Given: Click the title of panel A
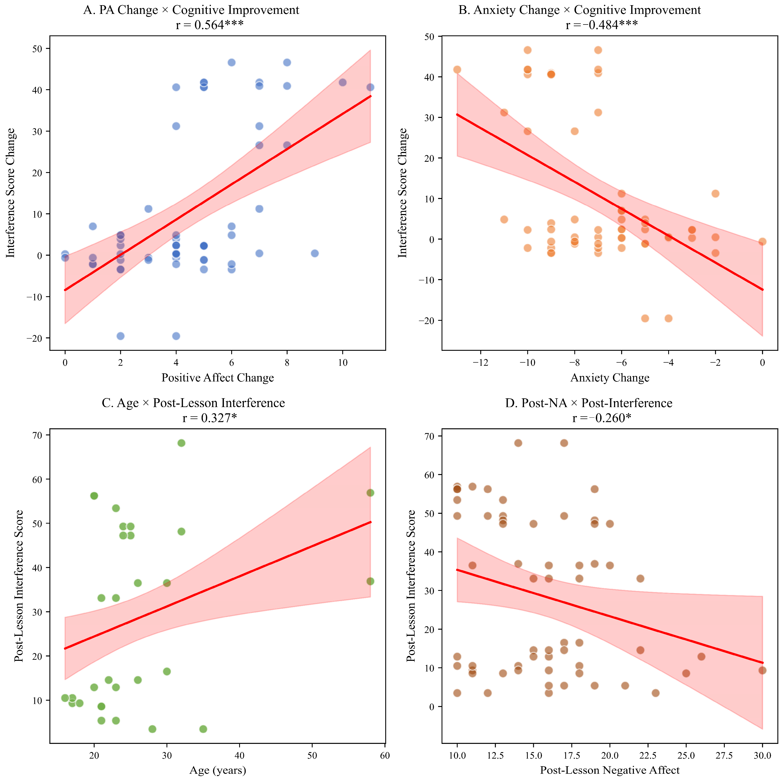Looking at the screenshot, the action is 191,10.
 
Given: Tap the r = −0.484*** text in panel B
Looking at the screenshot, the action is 602,25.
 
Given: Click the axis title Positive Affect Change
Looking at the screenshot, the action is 218,378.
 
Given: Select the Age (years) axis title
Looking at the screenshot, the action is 218,770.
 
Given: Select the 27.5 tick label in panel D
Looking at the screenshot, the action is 724,755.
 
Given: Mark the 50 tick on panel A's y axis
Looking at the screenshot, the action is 38,49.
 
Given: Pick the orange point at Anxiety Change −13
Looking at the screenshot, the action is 457,70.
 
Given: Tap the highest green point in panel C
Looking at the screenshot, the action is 181,443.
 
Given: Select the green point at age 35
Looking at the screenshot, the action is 204,729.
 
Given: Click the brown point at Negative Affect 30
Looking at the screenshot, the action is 762,670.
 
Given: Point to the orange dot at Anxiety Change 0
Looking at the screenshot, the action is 762,242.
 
